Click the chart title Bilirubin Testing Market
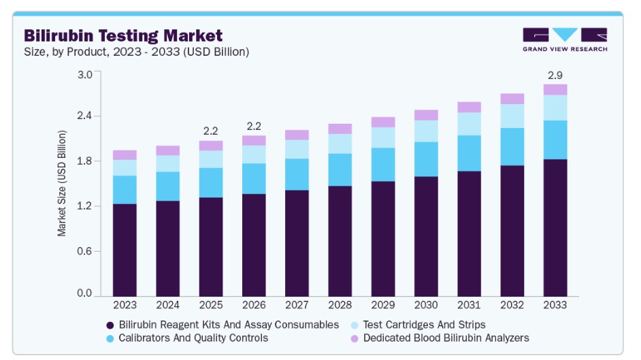tap(123, 35)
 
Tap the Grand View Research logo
tap(565, 39)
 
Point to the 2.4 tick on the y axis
tap(84, 116)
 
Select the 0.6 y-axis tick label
tap(84, 251)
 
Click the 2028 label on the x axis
tap(340, 305)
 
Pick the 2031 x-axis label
tap(469, 305)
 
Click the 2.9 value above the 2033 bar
tap(555, 75)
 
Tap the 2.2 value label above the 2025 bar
tap(210, 131)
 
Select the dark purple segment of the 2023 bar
tap(125, 250)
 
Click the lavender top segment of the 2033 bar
tap(555, 90)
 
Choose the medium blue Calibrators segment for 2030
tap(426, 159)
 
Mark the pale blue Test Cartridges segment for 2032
tap(512, 116)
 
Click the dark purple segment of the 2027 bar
tap(297, 243)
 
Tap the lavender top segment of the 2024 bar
tap(167, 151)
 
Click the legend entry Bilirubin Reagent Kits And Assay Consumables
tap(223, 325)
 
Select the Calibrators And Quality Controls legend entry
tap(187, 338)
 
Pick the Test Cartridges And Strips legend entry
tap(418, 325)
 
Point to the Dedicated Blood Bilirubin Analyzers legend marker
tap(355, 339)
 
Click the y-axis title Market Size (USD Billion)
tap(62, 183)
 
